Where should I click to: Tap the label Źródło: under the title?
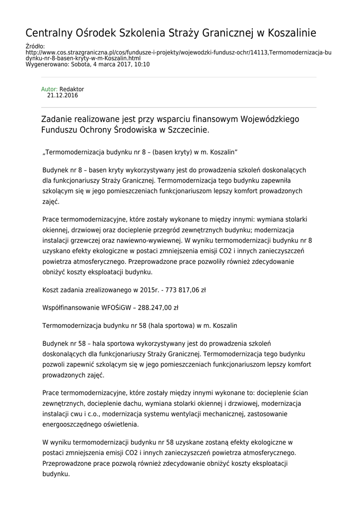35,46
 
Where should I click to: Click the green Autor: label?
49,89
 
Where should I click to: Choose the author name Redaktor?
72,89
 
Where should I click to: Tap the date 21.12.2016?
63,95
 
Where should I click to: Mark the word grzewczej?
86,241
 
